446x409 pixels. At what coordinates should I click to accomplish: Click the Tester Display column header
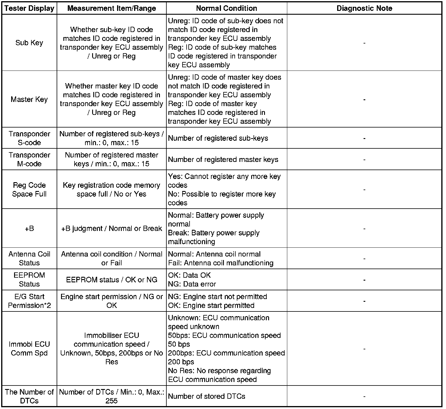click(x=29, y=8)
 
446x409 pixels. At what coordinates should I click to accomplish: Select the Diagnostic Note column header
click(x=364, y=8)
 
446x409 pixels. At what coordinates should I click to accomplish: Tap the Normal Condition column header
click(x=227, y=8)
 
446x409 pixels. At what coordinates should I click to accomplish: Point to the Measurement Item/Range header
click(x=112, y=8)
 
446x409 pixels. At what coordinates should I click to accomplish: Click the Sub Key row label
click(x=29, y=43)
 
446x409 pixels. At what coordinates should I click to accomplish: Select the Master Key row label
click(x=29, y=99)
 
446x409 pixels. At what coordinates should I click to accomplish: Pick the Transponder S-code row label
click(x=29, y=138)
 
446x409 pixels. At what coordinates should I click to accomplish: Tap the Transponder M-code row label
click(x=29, y=159)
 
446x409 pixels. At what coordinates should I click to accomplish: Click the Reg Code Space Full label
click(x=29, y=190)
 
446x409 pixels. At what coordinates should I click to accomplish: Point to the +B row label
click(x=29, y=228)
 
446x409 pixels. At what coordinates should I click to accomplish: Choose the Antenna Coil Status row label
click(x=29, y=258)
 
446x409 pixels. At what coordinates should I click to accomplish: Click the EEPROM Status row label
click(x=29, y=279)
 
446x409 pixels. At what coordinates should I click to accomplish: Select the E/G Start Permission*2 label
click(x=29, y=301)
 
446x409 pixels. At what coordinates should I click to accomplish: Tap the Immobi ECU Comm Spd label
click(x=29, y=348)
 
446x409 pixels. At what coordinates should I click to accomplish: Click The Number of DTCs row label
click(x=29, y=396)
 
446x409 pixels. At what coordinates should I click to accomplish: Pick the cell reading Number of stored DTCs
click(x=207, y=396)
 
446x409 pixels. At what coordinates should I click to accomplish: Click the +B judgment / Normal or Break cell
click(x=112, y=228)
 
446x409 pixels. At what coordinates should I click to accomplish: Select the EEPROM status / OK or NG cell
click(x=112, y=279)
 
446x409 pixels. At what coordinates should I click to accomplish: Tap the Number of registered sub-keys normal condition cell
click(x=218, y=138)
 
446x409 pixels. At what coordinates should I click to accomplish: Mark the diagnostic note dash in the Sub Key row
click(x=364, y=43)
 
